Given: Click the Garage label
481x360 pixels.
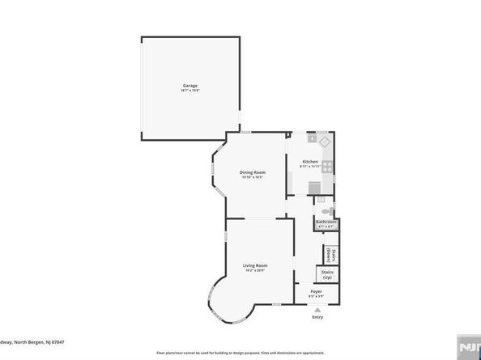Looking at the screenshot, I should point(190,85).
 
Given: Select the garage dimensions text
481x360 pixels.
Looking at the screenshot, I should point(190,90).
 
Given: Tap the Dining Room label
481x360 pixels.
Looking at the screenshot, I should point(253,172).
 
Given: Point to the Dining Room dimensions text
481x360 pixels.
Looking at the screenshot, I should point(253,177).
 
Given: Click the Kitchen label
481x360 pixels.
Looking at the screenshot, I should point(310,161).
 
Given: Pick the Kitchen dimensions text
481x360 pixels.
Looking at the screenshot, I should point(310,166).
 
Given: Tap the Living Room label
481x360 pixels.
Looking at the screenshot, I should point(256,265).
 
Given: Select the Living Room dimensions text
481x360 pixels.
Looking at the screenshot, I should point(256,270).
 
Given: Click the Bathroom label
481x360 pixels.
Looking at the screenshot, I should point(326,221).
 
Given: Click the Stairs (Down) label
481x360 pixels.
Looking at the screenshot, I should point(331,253).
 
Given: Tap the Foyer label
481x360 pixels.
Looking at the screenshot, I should point(317,292).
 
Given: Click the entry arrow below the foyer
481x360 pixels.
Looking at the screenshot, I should point(317,308).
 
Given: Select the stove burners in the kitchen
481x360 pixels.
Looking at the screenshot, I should point(327,167).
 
